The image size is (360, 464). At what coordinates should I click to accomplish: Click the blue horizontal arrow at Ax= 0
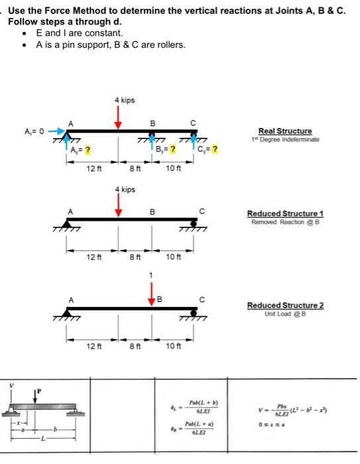(55, 131)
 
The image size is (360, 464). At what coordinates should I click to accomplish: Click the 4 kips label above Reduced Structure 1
(126, 190)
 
